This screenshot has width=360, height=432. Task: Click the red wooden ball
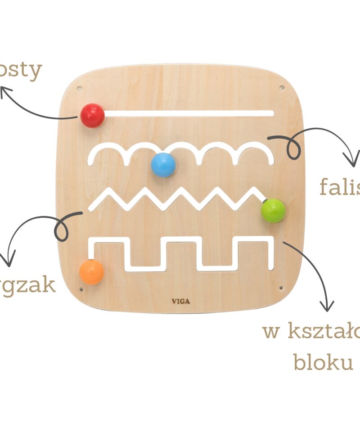pyautogui.click(x=93, y=115)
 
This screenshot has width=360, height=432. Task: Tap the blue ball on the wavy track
pyautogui.click(x=163, y=165)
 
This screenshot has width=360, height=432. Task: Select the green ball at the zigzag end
pyautogui.click(x=273, y=210)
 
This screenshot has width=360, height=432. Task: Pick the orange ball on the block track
pyautogui.click(x=92, y=272)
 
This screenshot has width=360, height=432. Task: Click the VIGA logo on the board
pyautogui.click(x=180, y=301)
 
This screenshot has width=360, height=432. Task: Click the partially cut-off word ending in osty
pyautogui.click(x=21, y=71)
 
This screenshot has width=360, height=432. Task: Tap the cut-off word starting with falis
pyautogui.click(x=340, y=187)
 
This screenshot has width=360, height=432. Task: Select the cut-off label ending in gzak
pyautogui.click(x=28, y=285)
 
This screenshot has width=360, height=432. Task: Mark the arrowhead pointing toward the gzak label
pyautogui.click(x=8, y=260)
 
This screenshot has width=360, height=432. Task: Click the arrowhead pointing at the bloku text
pyautogui.click(x=328, y=306)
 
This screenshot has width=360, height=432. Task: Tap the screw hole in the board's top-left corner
pyautogui.click(x=80, y=88)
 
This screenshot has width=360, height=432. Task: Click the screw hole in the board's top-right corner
pyautogui.click(x=282, y=88)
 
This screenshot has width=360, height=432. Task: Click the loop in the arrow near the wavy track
pyautogui.click(x=293, y=149)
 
